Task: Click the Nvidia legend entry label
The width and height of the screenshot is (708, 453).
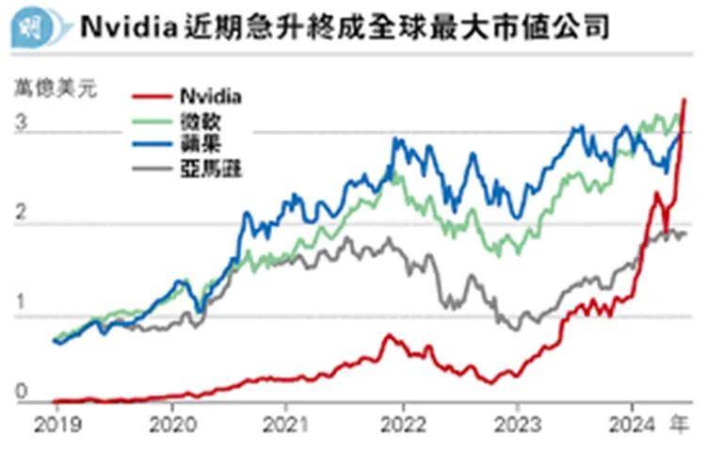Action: click(x=209, y=96)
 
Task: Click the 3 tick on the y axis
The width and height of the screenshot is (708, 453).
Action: click(x=21, y=122)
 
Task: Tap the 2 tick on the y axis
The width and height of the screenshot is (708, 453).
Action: click(x=21, y=215)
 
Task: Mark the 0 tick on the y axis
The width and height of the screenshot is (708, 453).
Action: click(x=21, y=395)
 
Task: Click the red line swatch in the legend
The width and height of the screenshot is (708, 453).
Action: click(x=151, y=96)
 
